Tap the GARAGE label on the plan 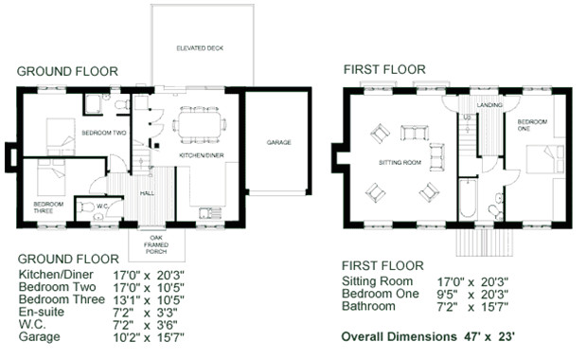coord(278,143)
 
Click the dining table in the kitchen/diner coord(201,123)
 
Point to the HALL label coord(147,192)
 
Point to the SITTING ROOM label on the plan coord(400,162)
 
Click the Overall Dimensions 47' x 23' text coord(428,336)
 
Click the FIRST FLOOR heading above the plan coord(383,69)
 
